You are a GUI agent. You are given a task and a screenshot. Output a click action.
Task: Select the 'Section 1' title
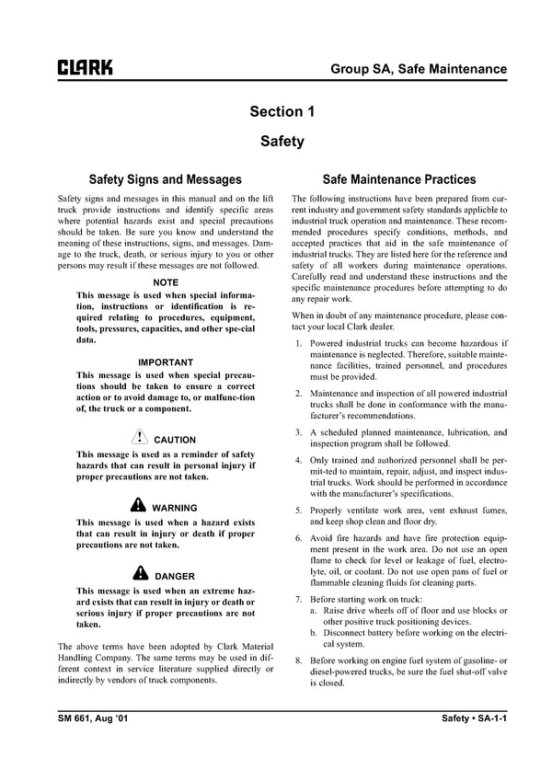[282, 112]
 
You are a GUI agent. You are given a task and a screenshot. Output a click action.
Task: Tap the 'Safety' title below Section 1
[282, 143]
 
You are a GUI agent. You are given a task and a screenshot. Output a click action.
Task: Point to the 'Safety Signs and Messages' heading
[165, 179]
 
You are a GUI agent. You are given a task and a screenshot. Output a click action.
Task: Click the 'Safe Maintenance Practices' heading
[399, 179]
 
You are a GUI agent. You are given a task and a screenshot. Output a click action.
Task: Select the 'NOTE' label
[166, 281]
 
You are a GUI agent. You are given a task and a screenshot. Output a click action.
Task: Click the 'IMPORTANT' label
[166, 362]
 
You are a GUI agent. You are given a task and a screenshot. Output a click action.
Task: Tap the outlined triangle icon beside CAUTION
[139, 438]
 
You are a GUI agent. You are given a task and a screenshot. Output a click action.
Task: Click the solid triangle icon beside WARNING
[137, 505]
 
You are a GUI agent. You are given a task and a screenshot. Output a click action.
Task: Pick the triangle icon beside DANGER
[139, 574]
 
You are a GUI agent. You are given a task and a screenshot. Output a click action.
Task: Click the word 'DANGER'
[175, 576]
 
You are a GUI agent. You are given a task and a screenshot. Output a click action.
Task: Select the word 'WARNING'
[175, 507]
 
